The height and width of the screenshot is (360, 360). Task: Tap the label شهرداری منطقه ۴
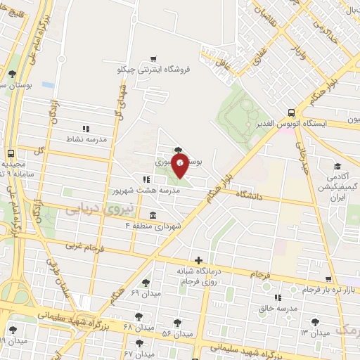click(x=153, y=225)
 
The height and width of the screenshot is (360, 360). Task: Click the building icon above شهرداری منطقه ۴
click(x=153, y=214)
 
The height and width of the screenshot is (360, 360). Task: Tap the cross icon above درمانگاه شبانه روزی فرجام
click(x=199, y=260)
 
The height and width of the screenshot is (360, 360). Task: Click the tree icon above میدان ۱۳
click(x=314, y=321)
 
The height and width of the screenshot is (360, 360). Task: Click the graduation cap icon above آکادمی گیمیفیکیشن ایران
click(x=338, y=167)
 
